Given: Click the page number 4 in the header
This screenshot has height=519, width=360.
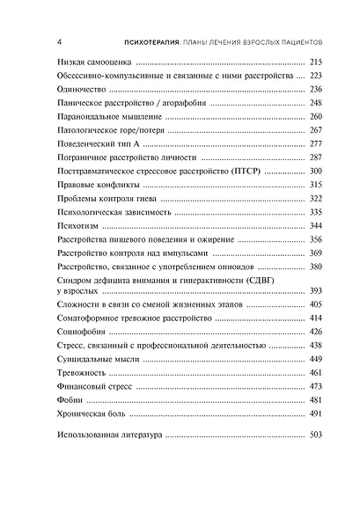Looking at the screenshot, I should click(57, 40).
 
